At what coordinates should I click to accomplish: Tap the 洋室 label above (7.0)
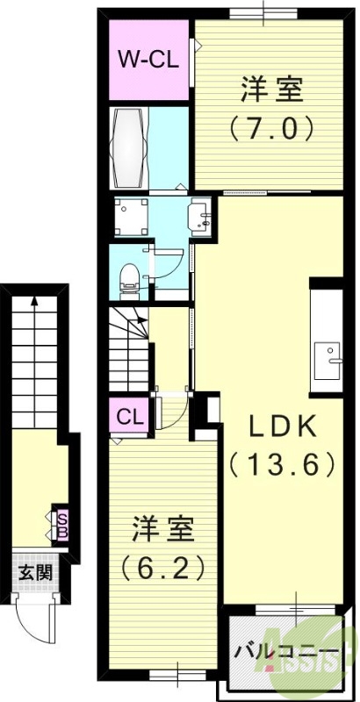(271, 90)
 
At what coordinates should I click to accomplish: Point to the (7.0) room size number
(271, 130)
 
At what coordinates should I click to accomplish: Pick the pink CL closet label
(129, 414)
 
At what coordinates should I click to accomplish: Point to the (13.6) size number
(281, 463)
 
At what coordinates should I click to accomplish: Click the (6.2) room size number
(162, 569)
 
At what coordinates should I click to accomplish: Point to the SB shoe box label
(62, 524)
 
